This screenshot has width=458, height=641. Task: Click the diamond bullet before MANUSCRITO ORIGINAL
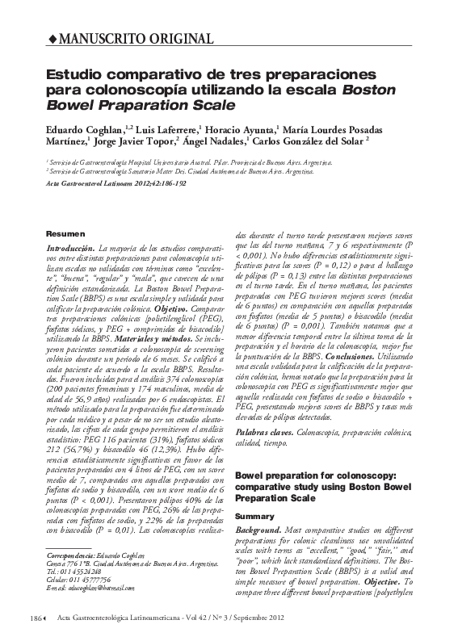(x=53, y=39)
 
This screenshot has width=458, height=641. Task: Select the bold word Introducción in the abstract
(x=72, y=247)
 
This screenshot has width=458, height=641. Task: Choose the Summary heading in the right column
(x=254, y=514)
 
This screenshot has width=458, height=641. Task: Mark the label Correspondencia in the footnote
(x=71, y=556)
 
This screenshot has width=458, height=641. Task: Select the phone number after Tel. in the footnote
(x=80, y=572)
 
